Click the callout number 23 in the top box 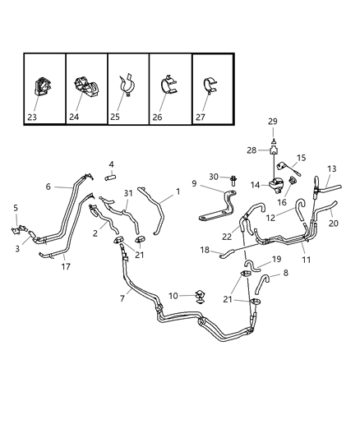[32, 117]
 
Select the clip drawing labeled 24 [85, 86]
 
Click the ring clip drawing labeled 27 [211, 83]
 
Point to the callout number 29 [272, 121]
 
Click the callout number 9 [194, 183]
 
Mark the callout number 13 [331, 168]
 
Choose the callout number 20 [334, 224]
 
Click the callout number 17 [64, 266]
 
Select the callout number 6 [48, 187]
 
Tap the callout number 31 [127, 193]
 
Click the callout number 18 [203, 249]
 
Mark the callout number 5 [14, 207]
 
